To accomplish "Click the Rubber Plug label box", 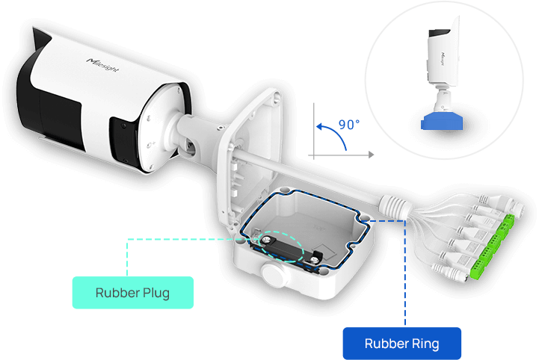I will pos(132,293).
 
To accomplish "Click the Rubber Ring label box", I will pos(401,344).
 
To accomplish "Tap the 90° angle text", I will pos(349,123).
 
